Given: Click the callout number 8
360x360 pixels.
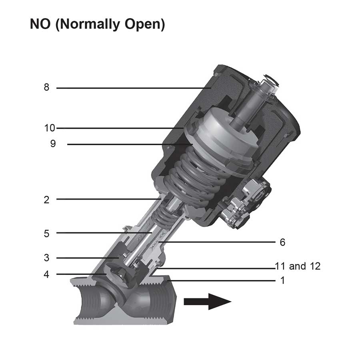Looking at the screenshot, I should (46, 87).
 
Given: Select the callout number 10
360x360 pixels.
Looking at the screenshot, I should (50, 128).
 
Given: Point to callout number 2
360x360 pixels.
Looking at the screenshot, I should (46, 200).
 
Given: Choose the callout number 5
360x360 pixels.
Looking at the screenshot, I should (46, 233).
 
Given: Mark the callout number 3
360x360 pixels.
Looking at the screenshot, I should (46, 258).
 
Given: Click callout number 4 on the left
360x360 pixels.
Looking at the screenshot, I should (46, 274).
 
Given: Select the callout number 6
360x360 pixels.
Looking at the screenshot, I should (282, 242).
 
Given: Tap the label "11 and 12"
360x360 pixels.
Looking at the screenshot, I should (298, 266).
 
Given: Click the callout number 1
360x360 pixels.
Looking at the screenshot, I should (282, 280).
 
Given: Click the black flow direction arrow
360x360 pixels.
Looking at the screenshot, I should (207, 301).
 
